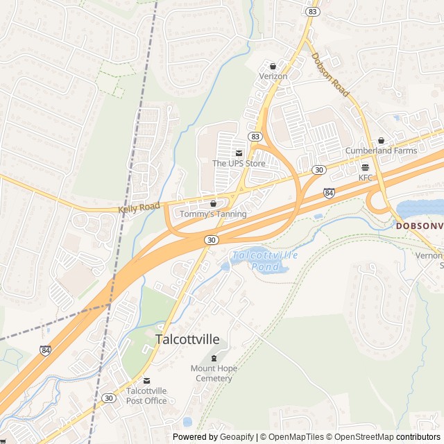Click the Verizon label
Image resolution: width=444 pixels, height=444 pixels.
click(273, 76)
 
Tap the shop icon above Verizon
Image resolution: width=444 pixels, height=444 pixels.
click(273, 66)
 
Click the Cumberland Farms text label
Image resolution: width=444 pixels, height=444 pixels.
click(381, 151)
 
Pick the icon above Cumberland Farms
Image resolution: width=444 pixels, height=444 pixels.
click(381, 141)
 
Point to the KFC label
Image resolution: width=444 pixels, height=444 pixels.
click(365, 178)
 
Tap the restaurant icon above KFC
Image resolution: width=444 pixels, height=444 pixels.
click(365, 168)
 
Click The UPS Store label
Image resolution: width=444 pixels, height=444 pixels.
click(239, 163)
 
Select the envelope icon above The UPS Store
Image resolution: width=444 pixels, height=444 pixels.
click(239, 153)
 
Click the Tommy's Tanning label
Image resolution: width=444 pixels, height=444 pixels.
click(213, 214)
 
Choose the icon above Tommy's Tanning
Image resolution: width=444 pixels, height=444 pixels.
click(213, 204)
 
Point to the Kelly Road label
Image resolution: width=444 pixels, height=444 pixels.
click(139, 207)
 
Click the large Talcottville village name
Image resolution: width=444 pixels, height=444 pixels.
click(187, 340)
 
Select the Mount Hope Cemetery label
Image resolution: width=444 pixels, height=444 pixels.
click(213, 373)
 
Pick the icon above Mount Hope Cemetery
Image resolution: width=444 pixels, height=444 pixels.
click(213, 359)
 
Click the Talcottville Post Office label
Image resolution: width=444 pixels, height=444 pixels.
click(146, 395)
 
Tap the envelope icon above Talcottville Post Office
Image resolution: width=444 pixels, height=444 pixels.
click(146, 381)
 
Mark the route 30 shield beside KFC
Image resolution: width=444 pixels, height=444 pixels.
click(318, 170)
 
